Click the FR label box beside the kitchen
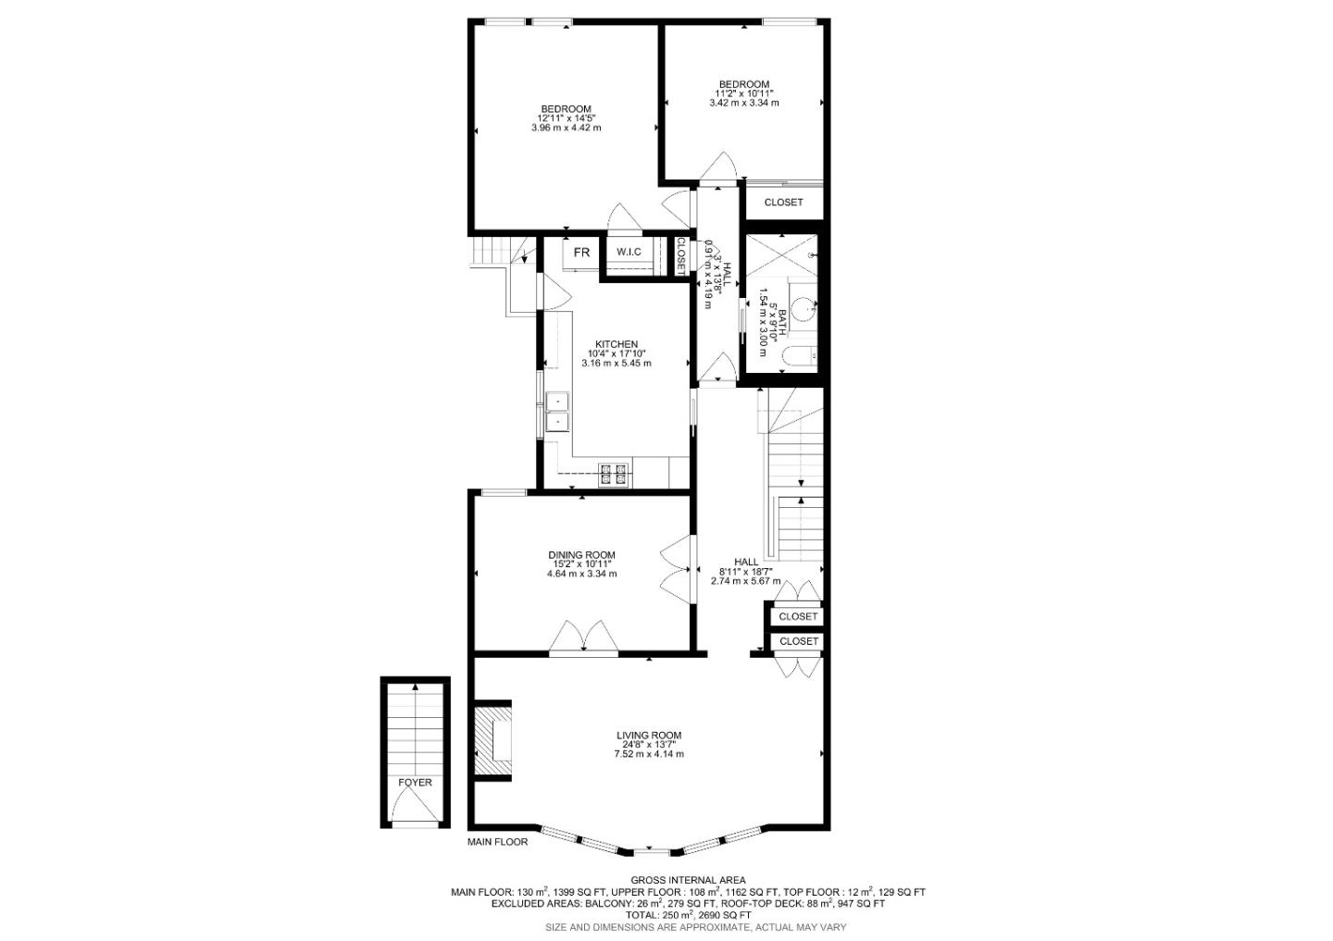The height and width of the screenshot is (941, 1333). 581,253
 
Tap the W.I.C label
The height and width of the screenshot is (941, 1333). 629,253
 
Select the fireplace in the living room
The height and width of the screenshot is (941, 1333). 492,738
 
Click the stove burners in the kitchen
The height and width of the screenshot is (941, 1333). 613,474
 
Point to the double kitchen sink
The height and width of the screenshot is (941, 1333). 558,412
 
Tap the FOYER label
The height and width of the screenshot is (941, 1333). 415,783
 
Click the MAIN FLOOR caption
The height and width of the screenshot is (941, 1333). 497,842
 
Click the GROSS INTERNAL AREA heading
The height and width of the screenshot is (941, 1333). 688,880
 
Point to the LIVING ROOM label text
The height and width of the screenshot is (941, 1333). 649,737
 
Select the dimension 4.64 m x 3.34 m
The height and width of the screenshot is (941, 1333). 581,574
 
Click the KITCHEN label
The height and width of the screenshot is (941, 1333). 617,344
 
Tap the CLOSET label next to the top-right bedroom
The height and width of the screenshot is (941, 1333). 783,202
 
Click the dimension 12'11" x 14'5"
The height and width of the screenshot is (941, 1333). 567,118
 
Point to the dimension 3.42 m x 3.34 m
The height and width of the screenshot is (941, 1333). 743,103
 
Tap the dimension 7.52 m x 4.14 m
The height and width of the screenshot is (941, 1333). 649,754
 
